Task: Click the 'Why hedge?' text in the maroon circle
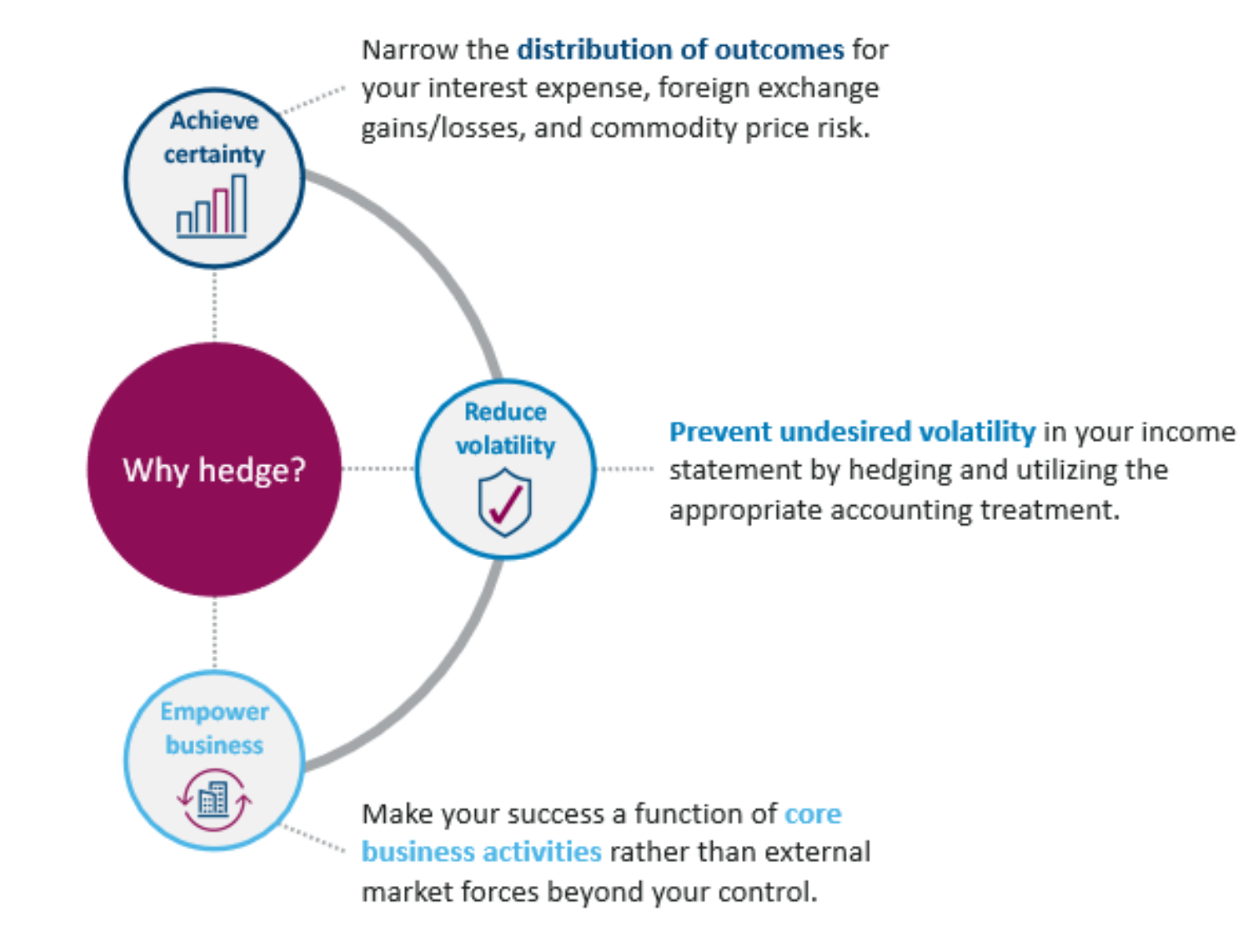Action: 215,471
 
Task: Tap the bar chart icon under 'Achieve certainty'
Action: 212,207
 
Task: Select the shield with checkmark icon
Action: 505,502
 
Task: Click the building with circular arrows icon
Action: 215,799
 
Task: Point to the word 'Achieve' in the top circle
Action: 215,120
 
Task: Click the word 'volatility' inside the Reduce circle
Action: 505,445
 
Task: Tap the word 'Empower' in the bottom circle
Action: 215,712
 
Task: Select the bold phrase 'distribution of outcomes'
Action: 680,50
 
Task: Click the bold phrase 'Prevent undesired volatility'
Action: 852,432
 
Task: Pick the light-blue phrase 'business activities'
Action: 482,852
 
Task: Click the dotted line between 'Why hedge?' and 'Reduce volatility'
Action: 378,469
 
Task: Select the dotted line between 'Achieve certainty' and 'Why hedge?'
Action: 215,305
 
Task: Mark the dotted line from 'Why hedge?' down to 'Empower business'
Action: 215,634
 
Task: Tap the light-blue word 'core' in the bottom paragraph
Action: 812,813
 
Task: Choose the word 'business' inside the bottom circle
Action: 215,745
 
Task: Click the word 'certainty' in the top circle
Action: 215,154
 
